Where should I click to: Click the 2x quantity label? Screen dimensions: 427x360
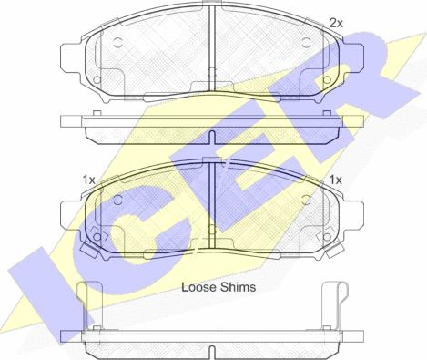coord(336,23)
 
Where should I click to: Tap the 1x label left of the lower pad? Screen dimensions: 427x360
coord(89,180)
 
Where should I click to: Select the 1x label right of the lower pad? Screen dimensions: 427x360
coord(336,180)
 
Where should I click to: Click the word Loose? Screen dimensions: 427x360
coord(198,287)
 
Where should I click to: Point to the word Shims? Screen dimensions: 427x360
coord(238,287)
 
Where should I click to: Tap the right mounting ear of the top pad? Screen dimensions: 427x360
coord(352,58)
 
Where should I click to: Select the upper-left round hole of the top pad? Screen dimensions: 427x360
coord(118,43)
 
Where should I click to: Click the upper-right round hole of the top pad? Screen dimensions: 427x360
coord(307,43)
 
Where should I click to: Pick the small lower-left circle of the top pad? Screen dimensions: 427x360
coord(97,79)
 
